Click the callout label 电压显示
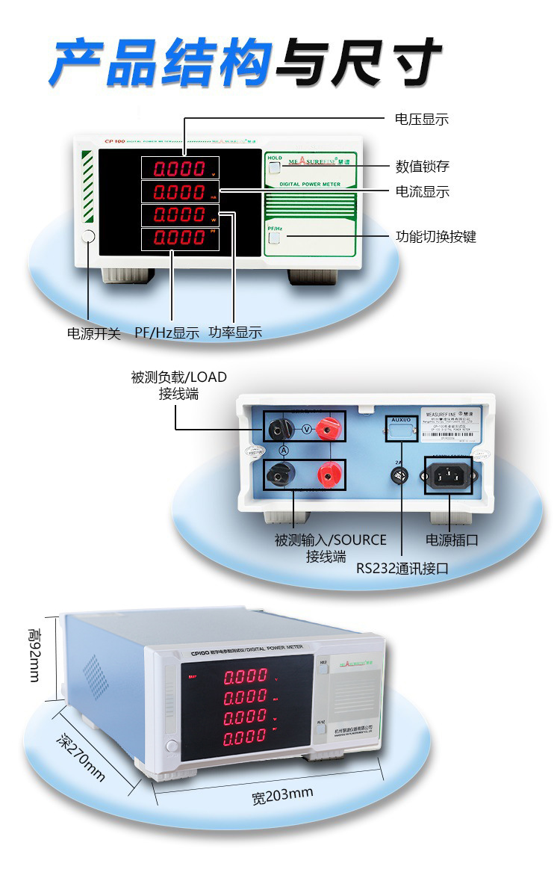pyautogui.click(x=421, y=120)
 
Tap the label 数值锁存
pyautogui.click(x=421, y=166)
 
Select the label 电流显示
pyautogui.click(x=422, y=191)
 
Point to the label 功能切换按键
pyautogui.click(x=435, y=237)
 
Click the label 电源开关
pyautogui.click(x=94, y=334)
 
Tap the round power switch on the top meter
pyautogui.click(x=88, y=238)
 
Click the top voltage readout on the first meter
pyautogui.click(x=178, y=168)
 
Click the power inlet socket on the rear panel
pyautogui.click(x=449, y=475)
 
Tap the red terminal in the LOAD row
pyautogui.click(x=326, y=429)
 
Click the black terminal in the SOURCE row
pyautogui.click(x=283, y=474)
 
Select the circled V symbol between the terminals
pyautogui.click(x=306, y=429)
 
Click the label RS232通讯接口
pyautogui.click(x=402, y=568)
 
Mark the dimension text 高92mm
pyautogui.click(x=34, y=655)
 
